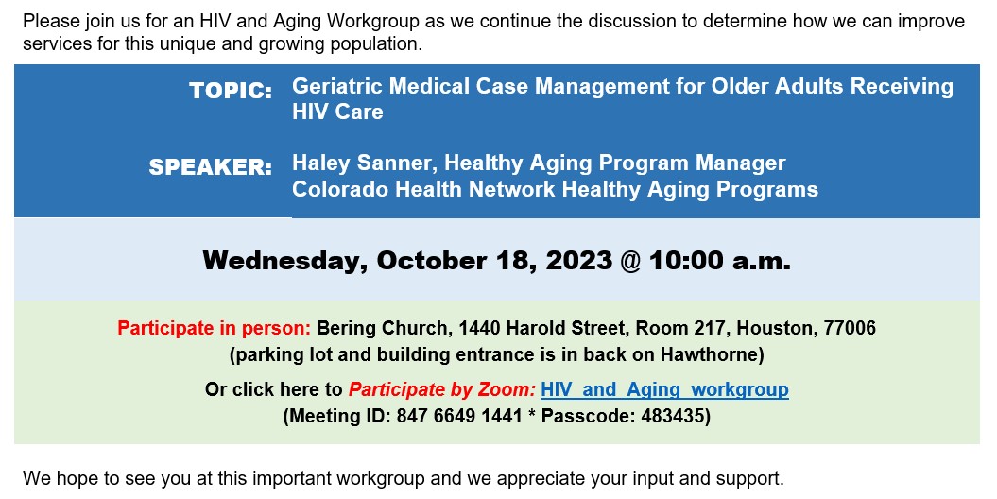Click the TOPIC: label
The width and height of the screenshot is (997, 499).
pos(231,91)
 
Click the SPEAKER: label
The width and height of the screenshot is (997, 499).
pos(211,167)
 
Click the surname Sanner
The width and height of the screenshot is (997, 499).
pos(396,163)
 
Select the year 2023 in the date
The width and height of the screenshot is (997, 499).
pos(578,261)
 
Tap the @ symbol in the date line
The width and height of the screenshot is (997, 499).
pos(630,261)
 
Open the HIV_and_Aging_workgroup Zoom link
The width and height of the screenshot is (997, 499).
pos(664,389)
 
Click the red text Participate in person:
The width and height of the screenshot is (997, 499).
pos(215,328)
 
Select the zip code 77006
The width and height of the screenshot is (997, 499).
pos(850,328)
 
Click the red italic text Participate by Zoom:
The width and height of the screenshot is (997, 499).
pos(442,389)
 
